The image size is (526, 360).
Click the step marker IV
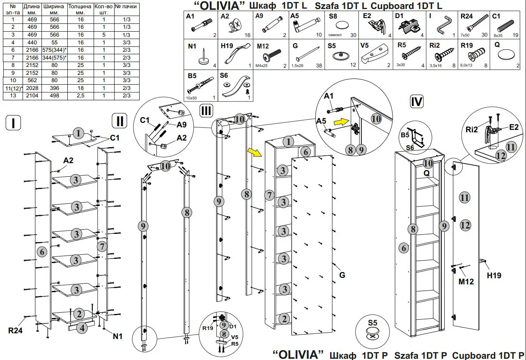click(416, 102)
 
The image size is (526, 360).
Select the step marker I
click(14, 123)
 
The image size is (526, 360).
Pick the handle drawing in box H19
click(237, 56)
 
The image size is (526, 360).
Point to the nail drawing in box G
click(306, 55)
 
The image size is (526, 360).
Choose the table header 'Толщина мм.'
click(80, 9)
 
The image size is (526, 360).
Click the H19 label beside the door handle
click(494, 275)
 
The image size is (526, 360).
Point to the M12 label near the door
click(466, 282)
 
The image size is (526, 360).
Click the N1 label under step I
click(118, 336)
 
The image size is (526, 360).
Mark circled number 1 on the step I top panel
click(78, 133)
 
